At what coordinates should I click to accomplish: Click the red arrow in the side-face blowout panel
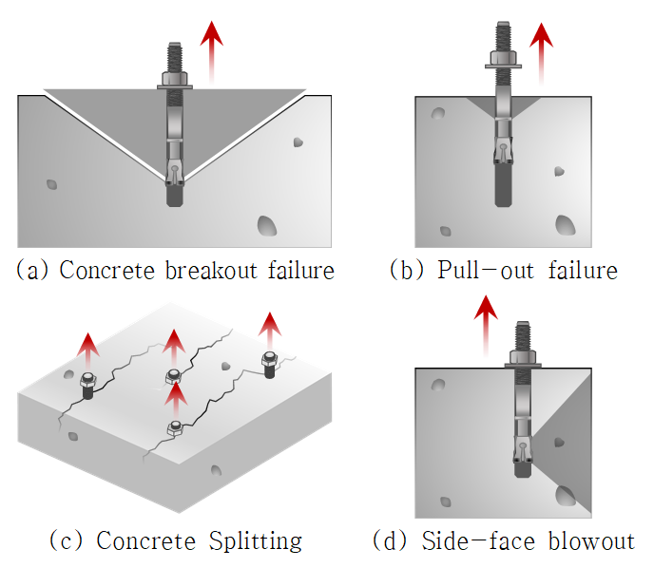pyautogui.click(x=486, y=327)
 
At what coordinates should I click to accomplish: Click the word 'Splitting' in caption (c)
pyautogui.click(x=254, y=541)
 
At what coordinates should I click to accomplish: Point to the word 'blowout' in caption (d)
pyautogui.click(x=590, y=541)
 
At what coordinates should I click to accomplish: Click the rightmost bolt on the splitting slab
pyautogui.click(x=269, y=363)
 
